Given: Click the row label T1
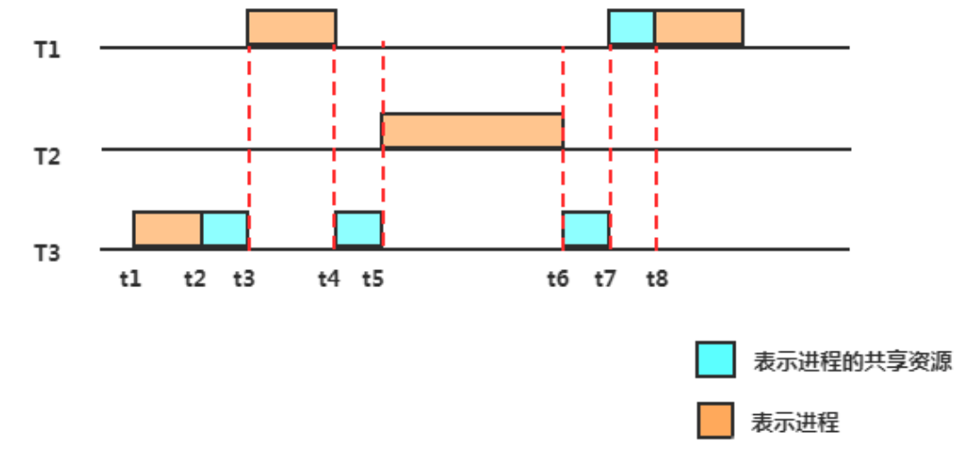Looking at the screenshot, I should tap(47, 49).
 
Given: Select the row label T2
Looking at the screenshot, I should tap(47, 156).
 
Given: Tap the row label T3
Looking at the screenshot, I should tap(47, 253).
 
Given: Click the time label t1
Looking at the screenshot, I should tap(131, 278).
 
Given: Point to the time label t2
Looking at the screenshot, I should tap(193, 278).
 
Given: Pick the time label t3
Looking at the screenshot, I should tap(243, 278).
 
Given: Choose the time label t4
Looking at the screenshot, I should tap(328, 278).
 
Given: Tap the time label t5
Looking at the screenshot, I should tap(373, 278).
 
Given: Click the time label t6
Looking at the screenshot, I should tap(557, 278).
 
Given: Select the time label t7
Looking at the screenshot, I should tap(605, 278).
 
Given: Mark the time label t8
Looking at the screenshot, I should tap(657, 278).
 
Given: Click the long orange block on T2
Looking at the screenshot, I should tap(472, 131).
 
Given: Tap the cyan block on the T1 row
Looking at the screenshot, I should tap(632, 27).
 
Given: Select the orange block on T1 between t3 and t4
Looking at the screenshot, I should tap(292, 27).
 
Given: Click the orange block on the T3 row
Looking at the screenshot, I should tap(167, 229).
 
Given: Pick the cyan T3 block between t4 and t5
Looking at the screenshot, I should tap(359, 229).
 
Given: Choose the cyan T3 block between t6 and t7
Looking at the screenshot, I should tap(586, 229).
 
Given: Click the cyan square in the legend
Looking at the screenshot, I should tap(716, 360).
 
